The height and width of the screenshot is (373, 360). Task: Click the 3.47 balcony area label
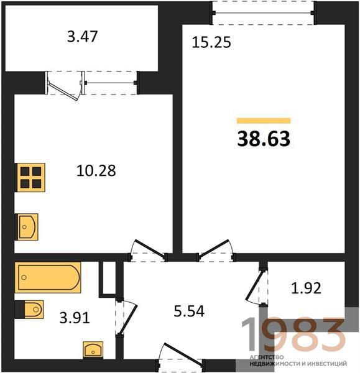coord(82,37)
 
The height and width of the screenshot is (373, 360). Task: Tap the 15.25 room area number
coord(211,42)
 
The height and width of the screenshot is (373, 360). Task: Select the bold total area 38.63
coord(264,139)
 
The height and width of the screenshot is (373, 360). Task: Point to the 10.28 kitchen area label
coord(96,170)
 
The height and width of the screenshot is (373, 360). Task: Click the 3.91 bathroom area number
coord(75,318)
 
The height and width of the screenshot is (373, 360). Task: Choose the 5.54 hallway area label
coord(189,311)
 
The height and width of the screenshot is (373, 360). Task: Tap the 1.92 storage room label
coord(307,288)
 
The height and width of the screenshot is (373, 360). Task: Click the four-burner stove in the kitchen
coord(30,177)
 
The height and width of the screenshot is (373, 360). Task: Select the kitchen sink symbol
coord(26,227)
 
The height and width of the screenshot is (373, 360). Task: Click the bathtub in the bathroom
coord(48,277)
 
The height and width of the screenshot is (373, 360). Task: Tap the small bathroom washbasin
coord(93,350)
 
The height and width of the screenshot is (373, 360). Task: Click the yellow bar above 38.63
coord(264,121)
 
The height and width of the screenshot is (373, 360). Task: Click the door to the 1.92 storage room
coord(254,285)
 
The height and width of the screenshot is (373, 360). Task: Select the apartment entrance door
coord(183,354)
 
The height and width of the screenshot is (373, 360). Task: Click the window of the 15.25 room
coord(264,13)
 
